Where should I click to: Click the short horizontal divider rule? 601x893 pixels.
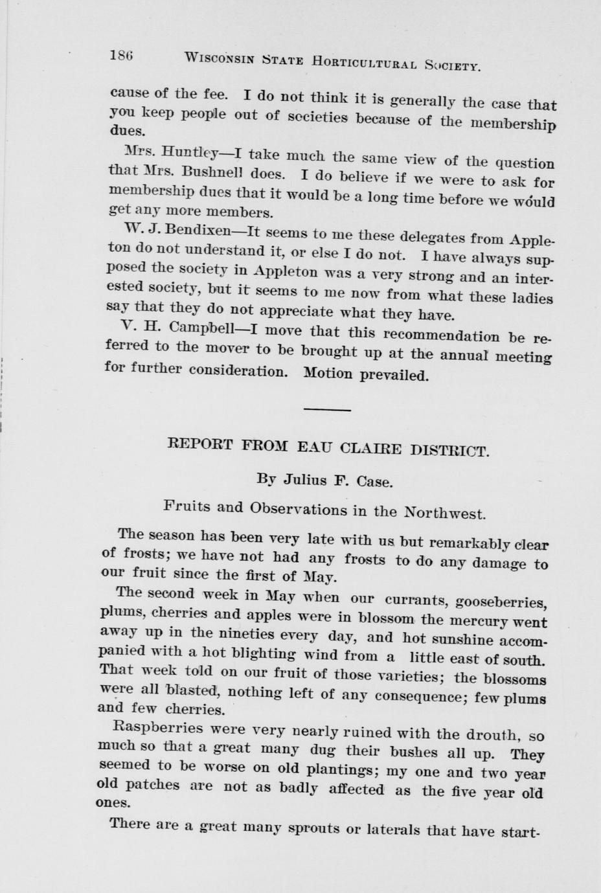(326, 409)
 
